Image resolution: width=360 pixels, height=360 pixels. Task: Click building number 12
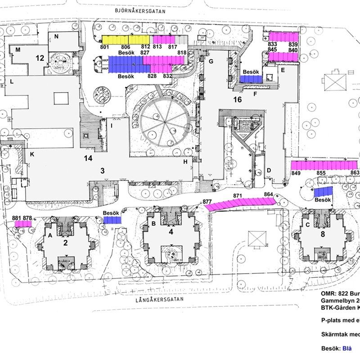[x=40, y=58]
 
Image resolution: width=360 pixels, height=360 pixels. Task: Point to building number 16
[x=238, y=99]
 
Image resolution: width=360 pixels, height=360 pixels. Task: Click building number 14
[x=88, y=158]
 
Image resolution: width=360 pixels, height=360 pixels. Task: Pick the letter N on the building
[x=57, y=36]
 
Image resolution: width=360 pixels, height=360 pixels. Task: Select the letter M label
[x=18, y=50]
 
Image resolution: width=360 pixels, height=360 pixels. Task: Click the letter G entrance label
[x=210, y=62]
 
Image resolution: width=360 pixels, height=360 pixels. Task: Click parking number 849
[x=296, y=173]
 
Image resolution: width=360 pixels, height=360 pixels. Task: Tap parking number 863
[x=355, y=173]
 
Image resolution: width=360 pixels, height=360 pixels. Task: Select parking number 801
[x=105, y=47]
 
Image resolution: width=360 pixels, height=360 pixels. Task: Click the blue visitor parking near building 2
[x=112, y=220]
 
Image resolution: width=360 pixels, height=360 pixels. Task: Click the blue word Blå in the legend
[x=347, y=348]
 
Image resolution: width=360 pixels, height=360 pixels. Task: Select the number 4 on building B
[x=171, y=232]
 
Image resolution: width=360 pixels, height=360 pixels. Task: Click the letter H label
[x=185, y=162]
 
